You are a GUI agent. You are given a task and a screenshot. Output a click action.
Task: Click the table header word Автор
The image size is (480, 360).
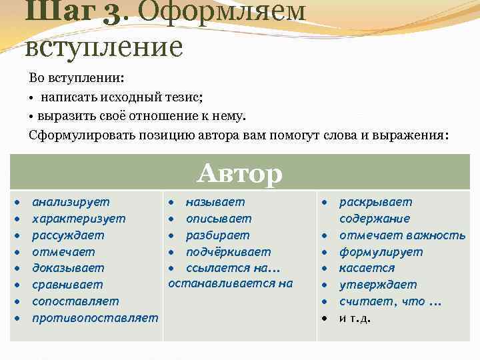(240, 174)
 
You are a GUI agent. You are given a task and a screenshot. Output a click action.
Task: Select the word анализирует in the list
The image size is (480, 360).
(71, 202)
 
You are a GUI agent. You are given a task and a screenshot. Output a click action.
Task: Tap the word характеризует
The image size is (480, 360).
(79, 219)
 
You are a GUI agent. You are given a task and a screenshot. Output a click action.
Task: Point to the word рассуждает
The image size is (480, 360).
(68, 235)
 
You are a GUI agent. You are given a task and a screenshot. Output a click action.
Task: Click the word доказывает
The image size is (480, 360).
(68, 268)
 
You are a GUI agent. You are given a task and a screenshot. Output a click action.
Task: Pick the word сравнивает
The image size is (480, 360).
(67, 285)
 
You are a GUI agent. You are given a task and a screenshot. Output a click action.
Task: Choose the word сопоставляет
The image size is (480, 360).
(75, 301)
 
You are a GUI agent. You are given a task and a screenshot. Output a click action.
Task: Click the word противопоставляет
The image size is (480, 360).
(95, 318)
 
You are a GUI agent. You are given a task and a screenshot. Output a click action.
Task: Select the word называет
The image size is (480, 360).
(215, 202)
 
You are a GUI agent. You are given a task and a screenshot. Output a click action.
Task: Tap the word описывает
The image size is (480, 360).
(219, 219)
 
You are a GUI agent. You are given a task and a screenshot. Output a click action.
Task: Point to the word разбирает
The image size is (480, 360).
(218, 235)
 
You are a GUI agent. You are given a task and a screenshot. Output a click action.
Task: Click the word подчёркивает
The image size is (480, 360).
(228, 252)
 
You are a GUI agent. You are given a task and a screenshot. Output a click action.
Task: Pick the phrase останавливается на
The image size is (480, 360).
(230, 283)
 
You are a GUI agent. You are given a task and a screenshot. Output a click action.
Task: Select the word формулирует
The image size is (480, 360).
(381, 252)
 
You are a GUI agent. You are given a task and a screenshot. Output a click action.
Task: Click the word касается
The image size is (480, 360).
(367, 268)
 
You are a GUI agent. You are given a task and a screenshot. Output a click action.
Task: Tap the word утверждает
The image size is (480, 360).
(378, 285)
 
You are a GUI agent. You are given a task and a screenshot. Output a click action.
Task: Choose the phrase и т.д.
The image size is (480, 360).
(355, 318)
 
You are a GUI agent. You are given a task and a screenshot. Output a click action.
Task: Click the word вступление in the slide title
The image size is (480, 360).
(103, 47)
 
